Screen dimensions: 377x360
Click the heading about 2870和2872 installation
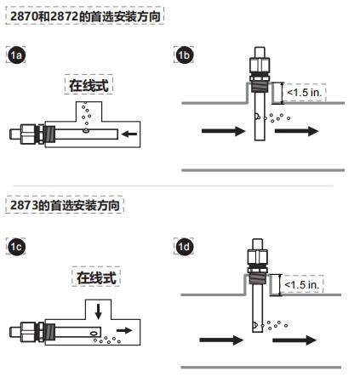84,15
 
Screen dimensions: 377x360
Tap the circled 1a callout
15,55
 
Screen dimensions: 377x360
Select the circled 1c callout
15,248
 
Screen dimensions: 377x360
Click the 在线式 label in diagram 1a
89,85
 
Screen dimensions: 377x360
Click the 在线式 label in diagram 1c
95,278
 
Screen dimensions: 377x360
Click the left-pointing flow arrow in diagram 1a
128,134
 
